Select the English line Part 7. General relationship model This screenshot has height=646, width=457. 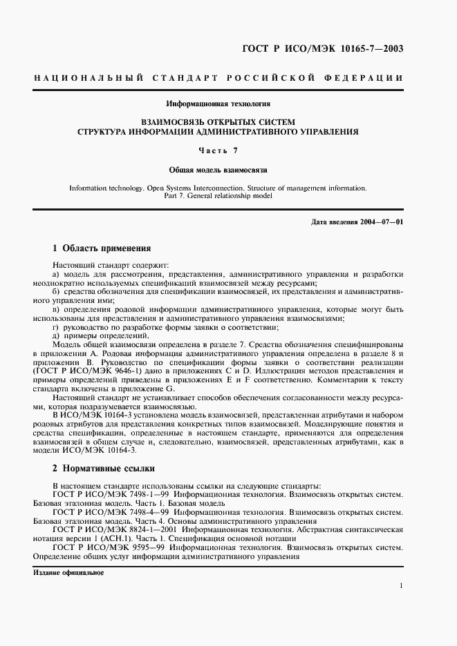pos(218,195)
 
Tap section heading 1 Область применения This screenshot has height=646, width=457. pos(102,248)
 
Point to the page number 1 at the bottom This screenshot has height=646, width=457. pos(401,585)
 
